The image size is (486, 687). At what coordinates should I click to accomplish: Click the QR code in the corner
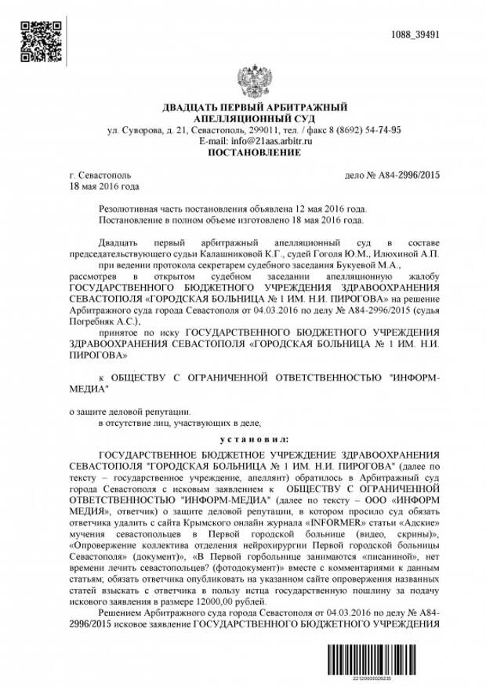40,42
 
